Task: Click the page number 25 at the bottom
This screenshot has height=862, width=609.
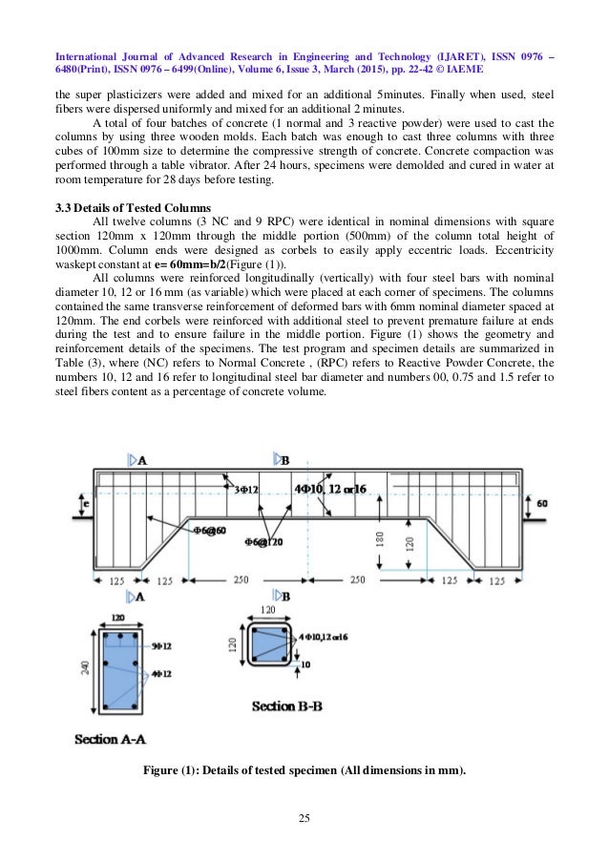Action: [x=304, y=818]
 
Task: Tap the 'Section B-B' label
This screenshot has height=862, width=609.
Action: [x=285, y=706]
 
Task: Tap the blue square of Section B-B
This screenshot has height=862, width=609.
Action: [x=267, y=649]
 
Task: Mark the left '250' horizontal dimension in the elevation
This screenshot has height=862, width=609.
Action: [x=241, y=579]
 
